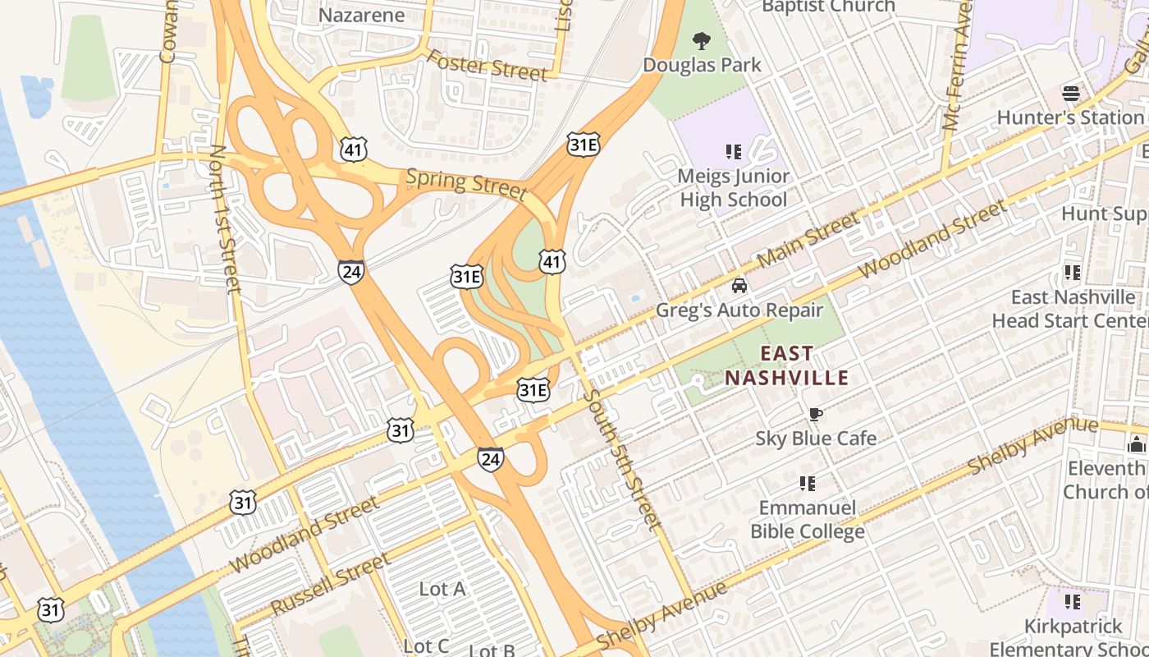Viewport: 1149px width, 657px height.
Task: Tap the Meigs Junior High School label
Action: [733, 188]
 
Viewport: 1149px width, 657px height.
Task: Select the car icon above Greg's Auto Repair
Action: [739, 286]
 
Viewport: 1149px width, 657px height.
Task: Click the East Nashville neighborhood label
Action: [786, 366]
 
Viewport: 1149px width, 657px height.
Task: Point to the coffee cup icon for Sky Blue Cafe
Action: [815, 414]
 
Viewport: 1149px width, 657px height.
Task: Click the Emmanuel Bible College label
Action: [808, 519]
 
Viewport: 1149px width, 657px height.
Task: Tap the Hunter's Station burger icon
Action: [1070, 92]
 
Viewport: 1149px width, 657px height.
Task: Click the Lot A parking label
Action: [442, 589]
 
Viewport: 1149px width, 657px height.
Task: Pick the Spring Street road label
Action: [466, 184]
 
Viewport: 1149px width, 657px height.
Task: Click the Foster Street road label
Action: [487, 66]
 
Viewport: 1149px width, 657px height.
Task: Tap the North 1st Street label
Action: [224, 219]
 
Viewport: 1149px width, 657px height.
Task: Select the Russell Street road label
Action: [330, 585]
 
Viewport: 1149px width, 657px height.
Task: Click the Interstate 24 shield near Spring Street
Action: [351, 271]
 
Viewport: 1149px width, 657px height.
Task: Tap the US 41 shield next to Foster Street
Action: [353, 149]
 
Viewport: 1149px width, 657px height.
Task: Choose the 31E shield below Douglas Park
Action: [583, 145]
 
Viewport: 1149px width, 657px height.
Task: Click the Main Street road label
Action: [809, 239]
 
